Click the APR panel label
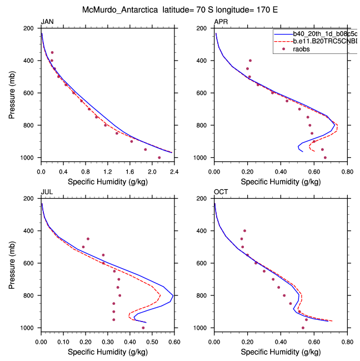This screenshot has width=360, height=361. [x=221, y=21]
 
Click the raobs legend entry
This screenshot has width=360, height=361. [x=303, y=49]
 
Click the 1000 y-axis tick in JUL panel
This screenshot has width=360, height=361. [x=30, y=328]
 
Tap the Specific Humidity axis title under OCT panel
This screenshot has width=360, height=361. [x=280, y=352]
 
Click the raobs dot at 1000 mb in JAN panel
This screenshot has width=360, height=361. [x=159, y=157]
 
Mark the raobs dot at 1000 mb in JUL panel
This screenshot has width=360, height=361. [x=143, y=328]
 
